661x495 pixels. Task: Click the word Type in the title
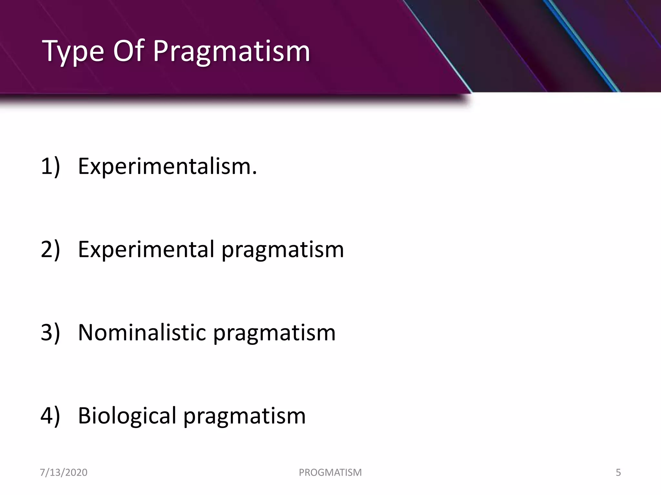coord(73,52)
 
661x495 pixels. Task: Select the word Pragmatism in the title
coord(231,52)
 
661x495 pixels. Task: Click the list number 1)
coord(50,166)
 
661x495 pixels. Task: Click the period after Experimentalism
coord(255,173)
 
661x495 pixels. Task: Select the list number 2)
coord(50,249)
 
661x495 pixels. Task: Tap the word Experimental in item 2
coord(146,249)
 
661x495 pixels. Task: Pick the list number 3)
coord(50,333)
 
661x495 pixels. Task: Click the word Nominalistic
coord(142,333)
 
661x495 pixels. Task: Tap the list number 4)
coord(50,416)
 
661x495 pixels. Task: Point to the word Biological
coord(127,416)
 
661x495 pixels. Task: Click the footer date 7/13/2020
coord(64,472)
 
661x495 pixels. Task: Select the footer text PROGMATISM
coord(330,472)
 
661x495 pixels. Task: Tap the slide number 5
coord(618,472)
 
